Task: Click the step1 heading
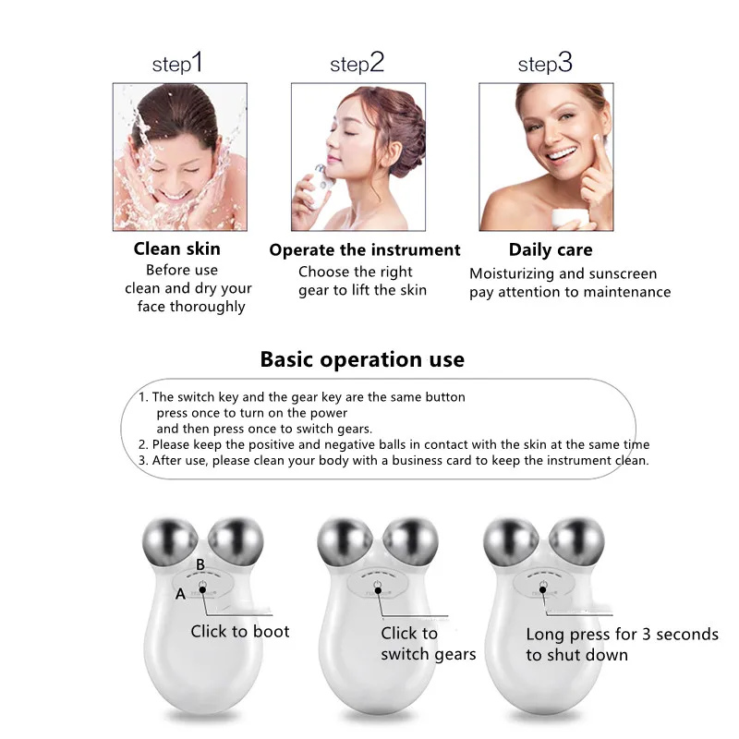(x=176, y=64)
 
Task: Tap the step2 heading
(x=357, y=64)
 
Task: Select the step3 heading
(x=545, y=64)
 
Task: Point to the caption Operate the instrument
(x=364, y=250)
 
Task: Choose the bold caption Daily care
(x=551, y=249)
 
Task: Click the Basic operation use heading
(x=362, y=358)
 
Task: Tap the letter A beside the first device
(x=181, y=594)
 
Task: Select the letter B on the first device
(x=200, y=563)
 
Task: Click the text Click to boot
(x=240, y=632)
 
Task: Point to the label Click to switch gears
(x=428, y=644)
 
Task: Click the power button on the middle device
(x=376, y=588)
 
